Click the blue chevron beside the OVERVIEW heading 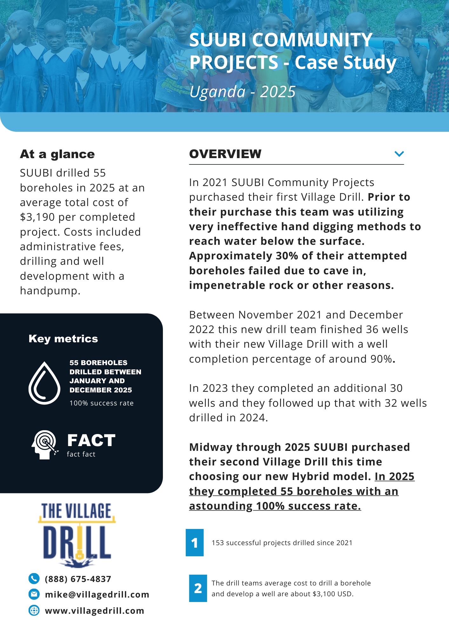pos(399,154)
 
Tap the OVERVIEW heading pos(225,154)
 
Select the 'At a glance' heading pos(57,154)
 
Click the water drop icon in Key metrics pos(44,383)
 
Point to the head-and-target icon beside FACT pos(45,444)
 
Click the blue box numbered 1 pos(195,543)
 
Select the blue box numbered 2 pos(198,588)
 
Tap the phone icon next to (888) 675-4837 pos(34,579)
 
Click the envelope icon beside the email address pos(34,594)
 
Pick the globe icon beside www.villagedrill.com pos(34,610)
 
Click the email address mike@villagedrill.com pos(97,594)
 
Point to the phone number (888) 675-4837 pos(78,579)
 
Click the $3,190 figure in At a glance pos(37,217)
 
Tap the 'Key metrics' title pos(63,339)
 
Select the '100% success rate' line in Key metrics pos(102,403)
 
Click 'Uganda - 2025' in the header pos(243,92)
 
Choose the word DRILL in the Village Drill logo pos(77,542)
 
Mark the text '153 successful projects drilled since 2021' pos(282,543)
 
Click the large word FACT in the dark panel pos(91,440)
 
